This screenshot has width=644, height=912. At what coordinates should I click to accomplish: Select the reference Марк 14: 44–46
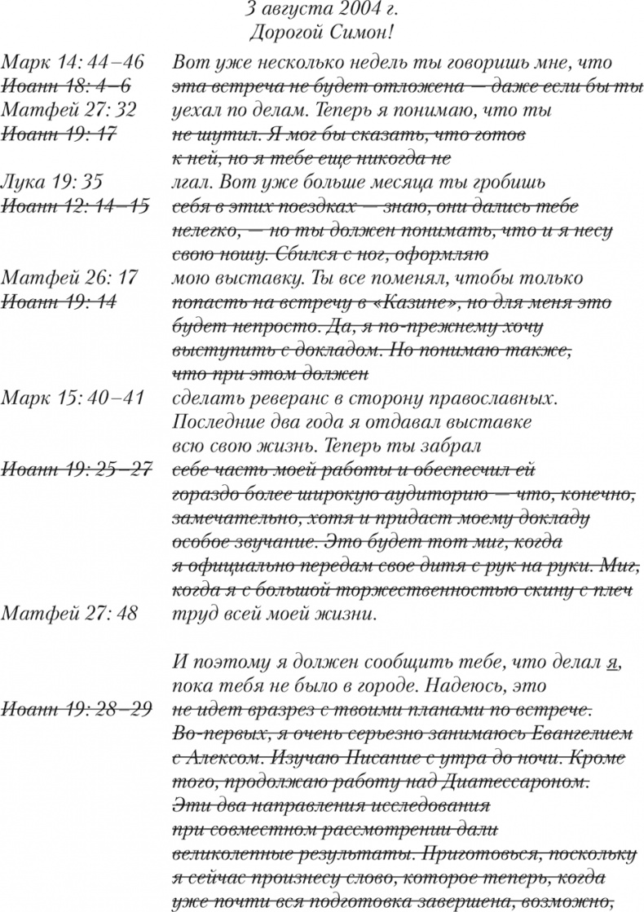point(73,64)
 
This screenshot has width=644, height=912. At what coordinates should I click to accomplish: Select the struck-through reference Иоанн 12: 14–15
point(75,205)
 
